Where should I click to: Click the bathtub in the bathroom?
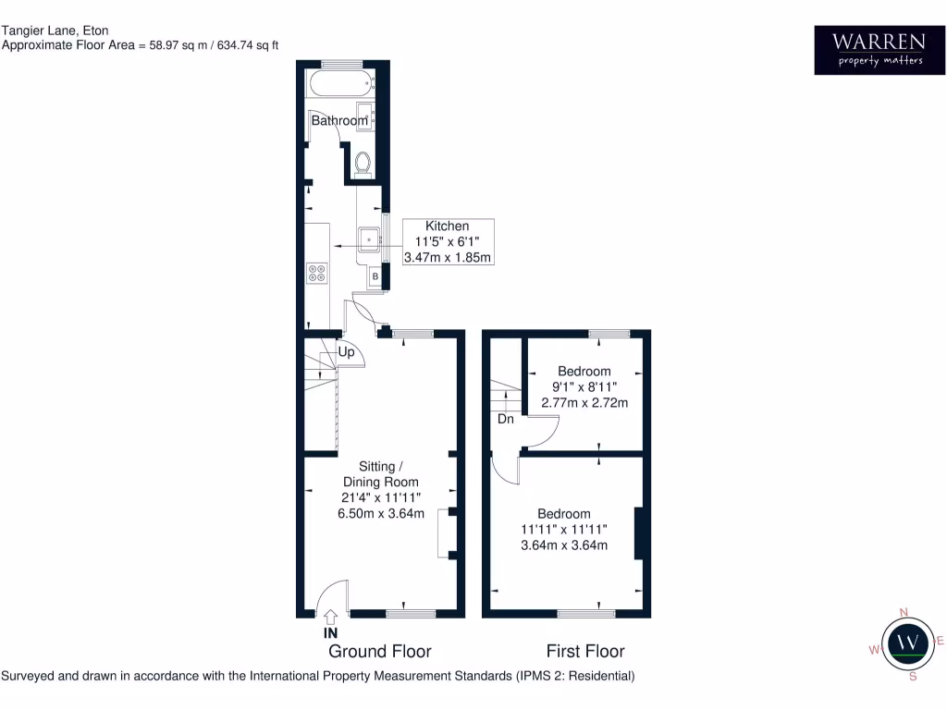tap(340, 86)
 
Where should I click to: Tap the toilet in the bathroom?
tap(363, 163)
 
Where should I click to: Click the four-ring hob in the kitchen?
tap(317, 273)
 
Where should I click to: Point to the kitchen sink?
tap(371, 239)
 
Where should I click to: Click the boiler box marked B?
tap(375, 275)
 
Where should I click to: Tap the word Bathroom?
tap(338, 121)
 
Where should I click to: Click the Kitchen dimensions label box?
tap(448, 241)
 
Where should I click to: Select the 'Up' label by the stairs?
tap(346, 352)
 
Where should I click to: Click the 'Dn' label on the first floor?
tap(506, 419)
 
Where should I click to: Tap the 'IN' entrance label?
tap(329, 634)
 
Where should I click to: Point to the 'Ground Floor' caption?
tap(380, 651)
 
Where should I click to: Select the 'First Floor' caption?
tap(585, 651)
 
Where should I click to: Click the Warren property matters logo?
tap(869, 50)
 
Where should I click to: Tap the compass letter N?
tap(904, 612)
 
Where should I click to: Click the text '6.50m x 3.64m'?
tap(380, 514)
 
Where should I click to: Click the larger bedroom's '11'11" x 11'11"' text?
tap(564, 530)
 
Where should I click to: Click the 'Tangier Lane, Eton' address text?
tap(55, 31)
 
